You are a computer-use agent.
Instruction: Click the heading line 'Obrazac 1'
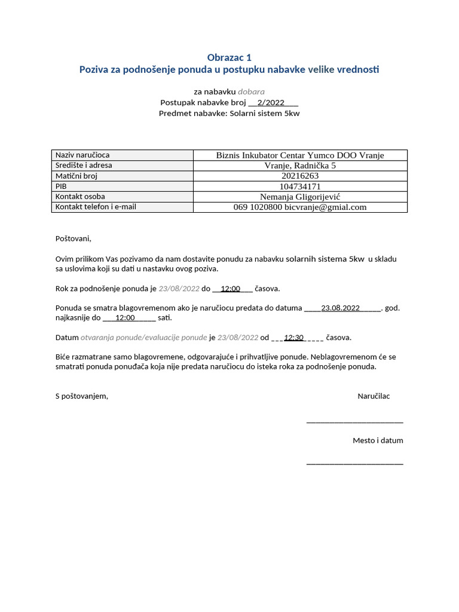[x=229, y=57]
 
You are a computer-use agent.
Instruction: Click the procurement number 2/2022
[x=270, y=102]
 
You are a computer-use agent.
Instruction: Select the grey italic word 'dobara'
[x=251, y=91]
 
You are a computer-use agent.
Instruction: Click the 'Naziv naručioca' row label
[x=82, y=155]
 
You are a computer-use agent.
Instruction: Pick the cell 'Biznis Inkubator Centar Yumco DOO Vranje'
[x=300, y=155]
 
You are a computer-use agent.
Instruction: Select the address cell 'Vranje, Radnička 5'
[x=300, y=166]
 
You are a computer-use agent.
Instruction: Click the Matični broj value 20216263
[x=300, y=176]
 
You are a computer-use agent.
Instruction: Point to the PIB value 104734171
[x=300, y=186]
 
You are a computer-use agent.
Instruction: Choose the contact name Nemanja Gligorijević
[x=300, y=197]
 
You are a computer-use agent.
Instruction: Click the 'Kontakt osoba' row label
[x=80, y=197]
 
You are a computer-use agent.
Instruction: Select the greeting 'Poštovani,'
[x=74, y=238]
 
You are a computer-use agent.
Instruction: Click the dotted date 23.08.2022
[x=341, y=308]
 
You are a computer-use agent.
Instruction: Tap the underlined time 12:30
[x=294, y=338]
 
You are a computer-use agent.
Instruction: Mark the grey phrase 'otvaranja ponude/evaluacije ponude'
[x=144, y=338]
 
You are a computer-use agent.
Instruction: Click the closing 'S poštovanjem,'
[x=82, y=396]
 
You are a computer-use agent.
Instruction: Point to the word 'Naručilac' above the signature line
[x=374, y=396]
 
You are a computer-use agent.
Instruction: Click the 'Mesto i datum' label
[x=378, y=440]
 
